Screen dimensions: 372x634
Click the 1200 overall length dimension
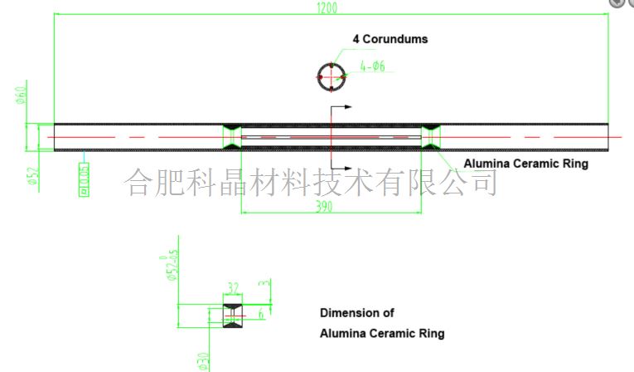tap(329, 7)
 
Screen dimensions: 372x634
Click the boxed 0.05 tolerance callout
tap(85, 179)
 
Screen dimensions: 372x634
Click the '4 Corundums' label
tap(390, 39)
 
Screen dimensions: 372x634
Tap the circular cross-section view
tap(331, 76)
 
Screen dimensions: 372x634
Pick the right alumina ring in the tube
tap(432, 137)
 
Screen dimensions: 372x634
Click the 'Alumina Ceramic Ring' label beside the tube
tap(525, 164)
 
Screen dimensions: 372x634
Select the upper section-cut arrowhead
tap(347, 107)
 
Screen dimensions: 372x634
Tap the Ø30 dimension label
tap(203, 360)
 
